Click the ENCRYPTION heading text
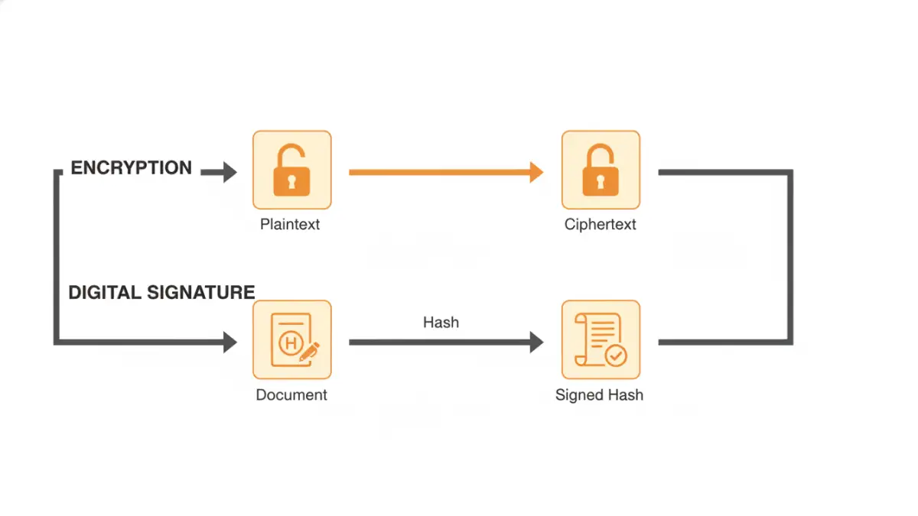(131, 168)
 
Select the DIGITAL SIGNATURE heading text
(161, 292)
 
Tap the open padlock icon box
(291, 170)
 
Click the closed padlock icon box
(601, 170)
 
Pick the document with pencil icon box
(291, 339)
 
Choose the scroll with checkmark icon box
(601, 339)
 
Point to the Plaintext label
(290, 225)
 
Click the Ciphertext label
(601, 225)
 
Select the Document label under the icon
(291, 395)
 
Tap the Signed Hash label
(599, 395)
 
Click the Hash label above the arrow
(441, 323)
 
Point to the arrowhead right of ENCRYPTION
(229, 173)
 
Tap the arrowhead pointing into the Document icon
(229, 342)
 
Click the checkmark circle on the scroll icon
(615, 355)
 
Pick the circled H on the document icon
(290, 343)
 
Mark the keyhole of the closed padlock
(601, 181)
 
